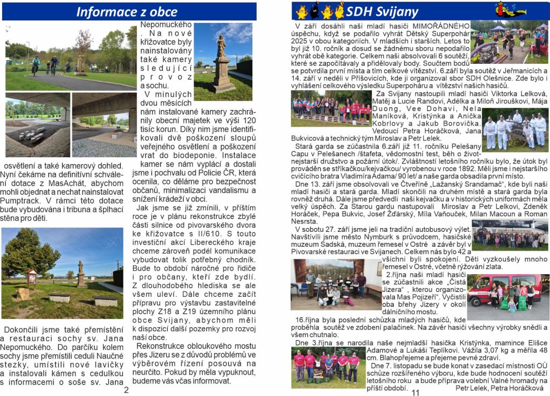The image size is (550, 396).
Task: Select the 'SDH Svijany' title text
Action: point(382,11)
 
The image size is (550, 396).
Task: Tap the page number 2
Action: point(126,390)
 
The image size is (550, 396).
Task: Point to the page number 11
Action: point(415,392)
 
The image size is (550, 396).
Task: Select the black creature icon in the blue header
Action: point(315,10)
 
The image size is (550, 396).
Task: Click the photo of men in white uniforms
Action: point(515,130)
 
